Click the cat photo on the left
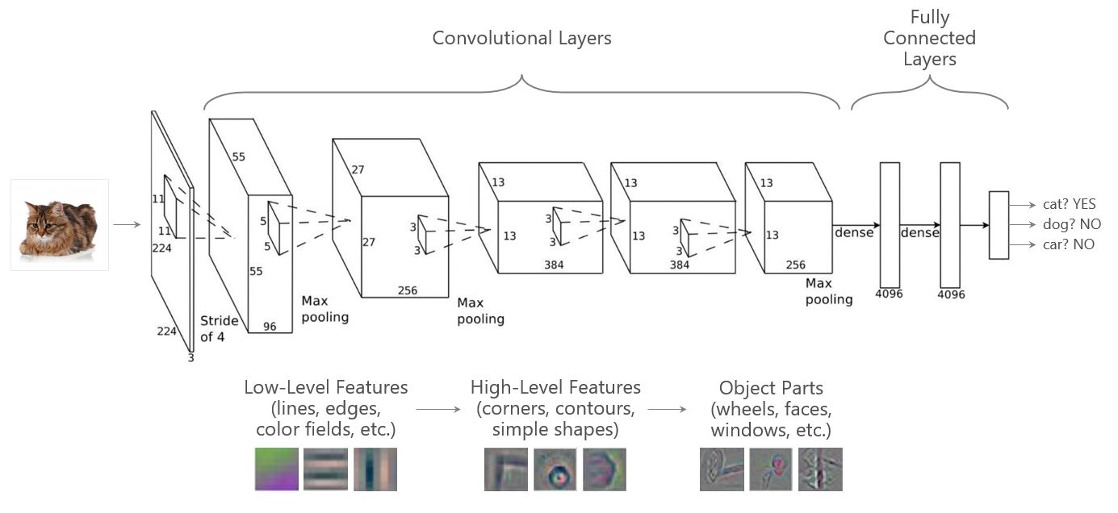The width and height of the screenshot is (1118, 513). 60,224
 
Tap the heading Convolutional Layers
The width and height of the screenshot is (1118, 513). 521,38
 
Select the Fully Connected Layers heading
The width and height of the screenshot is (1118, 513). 929,38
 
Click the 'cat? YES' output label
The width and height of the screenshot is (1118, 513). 1069,204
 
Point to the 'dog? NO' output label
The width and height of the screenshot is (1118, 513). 1067,223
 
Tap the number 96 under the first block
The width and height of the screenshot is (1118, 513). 269,327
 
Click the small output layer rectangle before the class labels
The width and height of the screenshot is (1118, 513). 999,225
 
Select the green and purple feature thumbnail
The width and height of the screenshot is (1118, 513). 277,469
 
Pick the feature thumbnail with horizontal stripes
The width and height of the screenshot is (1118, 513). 325,469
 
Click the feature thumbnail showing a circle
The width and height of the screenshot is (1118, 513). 555,470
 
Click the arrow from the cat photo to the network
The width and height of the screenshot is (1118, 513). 127,224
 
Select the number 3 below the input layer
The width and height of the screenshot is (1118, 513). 191,357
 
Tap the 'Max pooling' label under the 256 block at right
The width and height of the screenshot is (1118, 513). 828,291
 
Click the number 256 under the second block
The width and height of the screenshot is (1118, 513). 408,290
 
